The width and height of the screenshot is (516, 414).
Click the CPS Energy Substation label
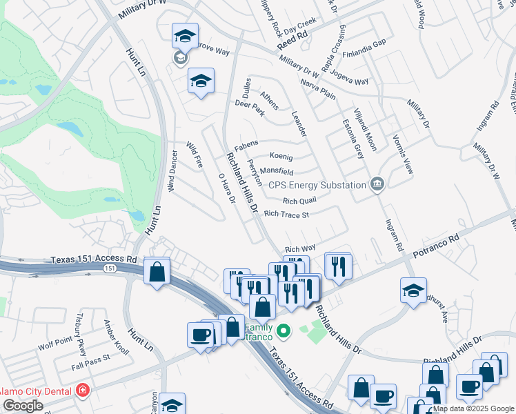(x=317, y=185)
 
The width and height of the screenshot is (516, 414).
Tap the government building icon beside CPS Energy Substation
(x=377, y=184)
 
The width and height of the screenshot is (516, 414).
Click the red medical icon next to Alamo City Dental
(x=83, y=391)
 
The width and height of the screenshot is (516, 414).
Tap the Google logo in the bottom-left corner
(x=22, y=406)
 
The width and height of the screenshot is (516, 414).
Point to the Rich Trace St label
(x=286, y=215)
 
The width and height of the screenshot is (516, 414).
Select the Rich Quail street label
(x=299, y=201)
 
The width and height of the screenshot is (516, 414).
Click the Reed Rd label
(x=290, y=42)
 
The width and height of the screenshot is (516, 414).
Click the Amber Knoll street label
(x=116, y=337)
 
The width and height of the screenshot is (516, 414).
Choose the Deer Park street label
(x=250, y=109)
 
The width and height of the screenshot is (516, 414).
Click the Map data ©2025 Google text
(x=474, y=408)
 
